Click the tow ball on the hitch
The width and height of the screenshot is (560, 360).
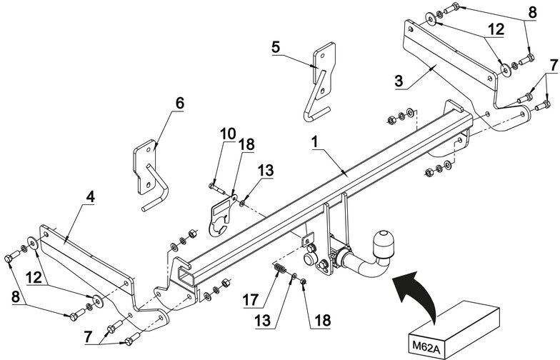pyautogui.click(x=383, y=244)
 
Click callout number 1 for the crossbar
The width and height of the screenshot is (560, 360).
pyautogui.click(x=314, y=142)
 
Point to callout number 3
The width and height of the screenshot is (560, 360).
pyautogui.click(x=399, y=81)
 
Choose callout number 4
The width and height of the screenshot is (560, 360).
pyautogui.click(x=91, y=197)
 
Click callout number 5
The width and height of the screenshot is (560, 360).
pyautogui.click(x=276, y=47)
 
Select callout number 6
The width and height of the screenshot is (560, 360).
pyautogui.click(x=180, y=103)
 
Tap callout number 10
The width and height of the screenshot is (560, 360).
pyautogui.click(x=228, y=134)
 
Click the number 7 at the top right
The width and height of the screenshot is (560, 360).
pyautogui.click(x=553, y=66)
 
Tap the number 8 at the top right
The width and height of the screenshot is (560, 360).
pyautogui.click(x=532, y=13)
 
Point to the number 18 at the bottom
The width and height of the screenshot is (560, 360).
pyautogui.click(x=323, y=320)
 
